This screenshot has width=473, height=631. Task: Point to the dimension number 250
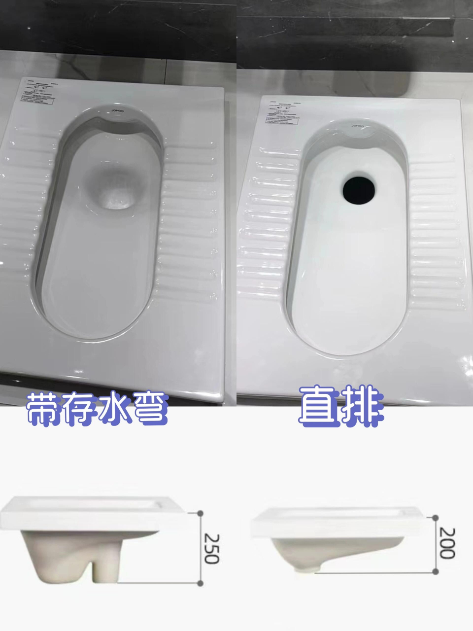pyautogui.click(x=210, y=548)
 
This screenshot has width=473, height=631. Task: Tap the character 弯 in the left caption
pyautogui.click(x=149, y=408)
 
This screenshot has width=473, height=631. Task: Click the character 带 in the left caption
pyautogui.click(x=43, y=408)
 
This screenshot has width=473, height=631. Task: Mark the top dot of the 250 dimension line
pyautogui.click(x=200, y=513)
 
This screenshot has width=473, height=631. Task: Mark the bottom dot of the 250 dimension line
pyautogui.click(x=200, y=584)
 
